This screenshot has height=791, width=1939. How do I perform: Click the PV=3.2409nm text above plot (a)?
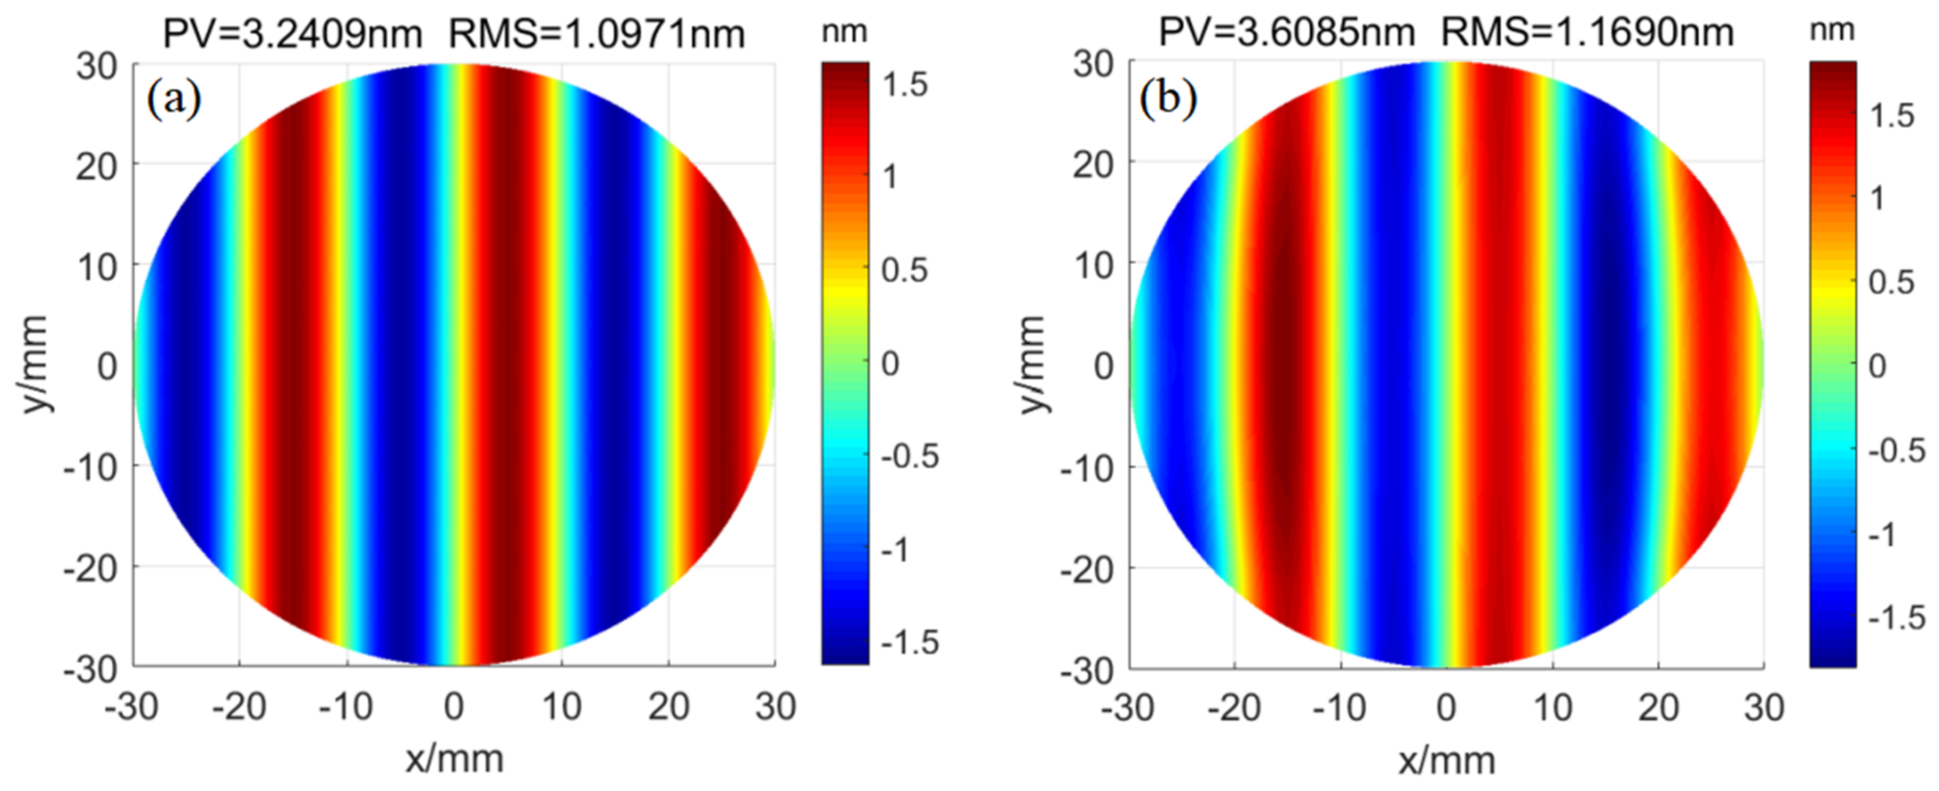292,34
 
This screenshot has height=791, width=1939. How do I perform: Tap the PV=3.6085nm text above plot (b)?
1287,33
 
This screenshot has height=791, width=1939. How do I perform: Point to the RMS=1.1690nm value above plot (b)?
1588,33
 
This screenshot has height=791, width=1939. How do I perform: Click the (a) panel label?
174,99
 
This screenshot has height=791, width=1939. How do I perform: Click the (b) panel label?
1167,98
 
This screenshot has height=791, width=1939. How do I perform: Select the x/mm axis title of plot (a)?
454,758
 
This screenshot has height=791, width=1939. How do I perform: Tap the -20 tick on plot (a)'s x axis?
239,707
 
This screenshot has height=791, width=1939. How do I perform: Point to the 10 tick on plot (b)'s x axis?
1552,708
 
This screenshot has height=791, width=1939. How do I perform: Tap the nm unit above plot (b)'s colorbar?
1831,30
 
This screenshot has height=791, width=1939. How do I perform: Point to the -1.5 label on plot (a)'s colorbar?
910,642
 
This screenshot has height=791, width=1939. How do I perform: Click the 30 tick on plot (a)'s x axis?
775,707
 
